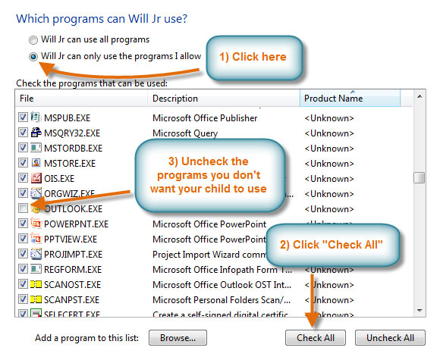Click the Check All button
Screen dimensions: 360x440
point(315,338)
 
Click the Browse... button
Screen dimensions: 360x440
point(178,338)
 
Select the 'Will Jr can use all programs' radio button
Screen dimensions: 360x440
point(32,39)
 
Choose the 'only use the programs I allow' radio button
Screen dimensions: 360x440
point(32,56)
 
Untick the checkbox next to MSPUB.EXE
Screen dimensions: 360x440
point(23,118)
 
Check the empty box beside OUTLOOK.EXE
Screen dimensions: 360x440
point(23,208)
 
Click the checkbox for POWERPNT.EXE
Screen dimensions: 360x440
point(23,224)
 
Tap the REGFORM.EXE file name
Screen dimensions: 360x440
point(74,269)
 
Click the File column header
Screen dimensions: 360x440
point(27,99)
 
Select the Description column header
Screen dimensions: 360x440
point(175,99)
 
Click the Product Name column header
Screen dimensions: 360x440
point(333,99)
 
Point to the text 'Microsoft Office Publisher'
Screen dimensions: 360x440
point(205,118)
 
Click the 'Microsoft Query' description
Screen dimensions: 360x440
point(185,133)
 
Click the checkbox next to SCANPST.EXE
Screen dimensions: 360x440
point(23,299)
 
